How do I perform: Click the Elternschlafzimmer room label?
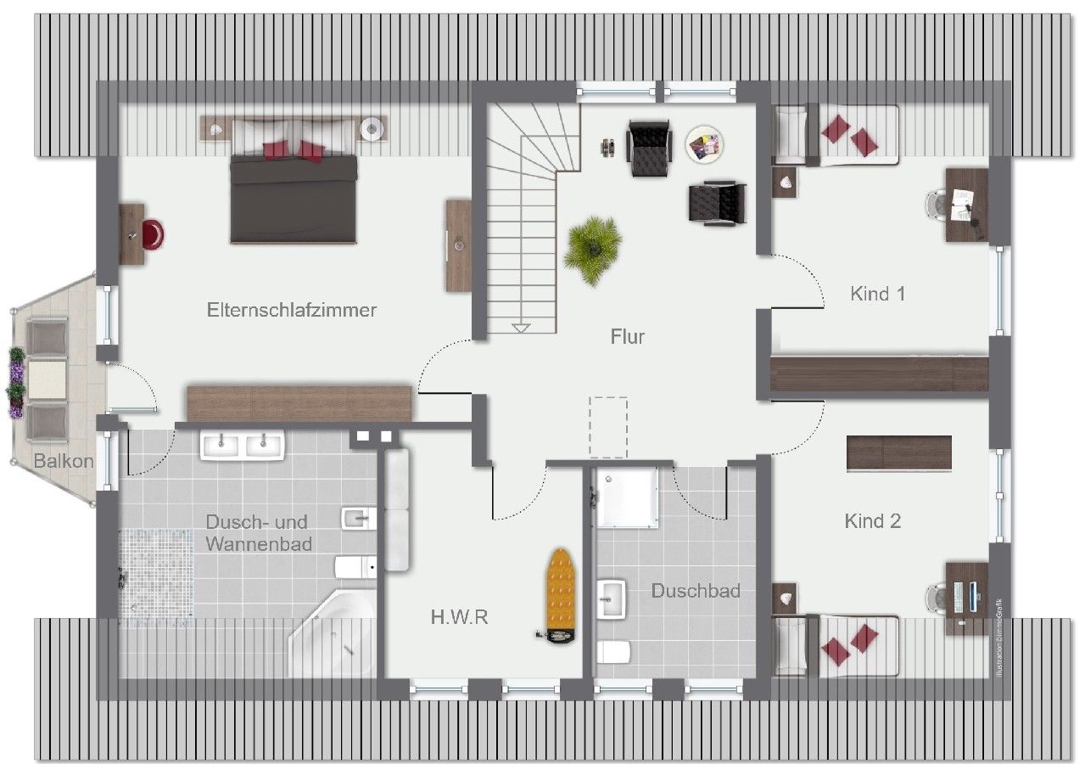point(292,310)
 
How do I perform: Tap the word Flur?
point(628,337)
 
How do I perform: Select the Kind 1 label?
point(878,295)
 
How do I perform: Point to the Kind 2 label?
point(873,521)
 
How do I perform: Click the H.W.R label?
point(459,617)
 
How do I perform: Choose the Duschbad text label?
point(696,591)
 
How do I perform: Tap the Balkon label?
point(63,461)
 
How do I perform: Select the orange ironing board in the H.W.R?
point(560,591)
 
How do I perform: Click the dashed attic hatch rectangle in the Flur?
point(608,425)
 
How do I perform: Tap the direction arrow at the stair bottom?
point(521,327)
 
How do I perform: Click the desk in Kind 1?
point(967,205)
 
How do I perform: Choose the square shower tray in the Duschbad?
point(626,497)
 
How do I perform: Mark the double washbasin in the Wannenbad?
point(243,445)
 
